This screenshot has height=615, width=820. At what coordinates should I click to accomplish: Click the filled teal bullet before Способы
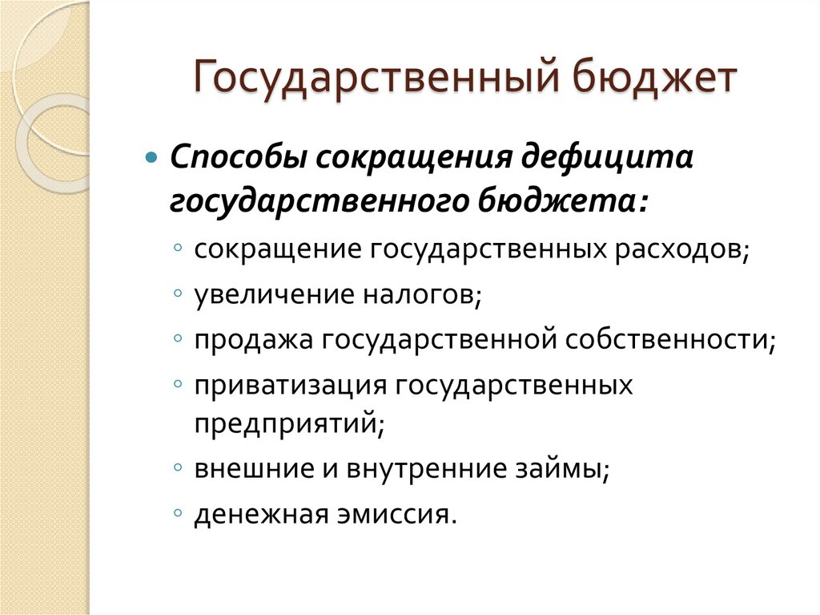tap(154, 156)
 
